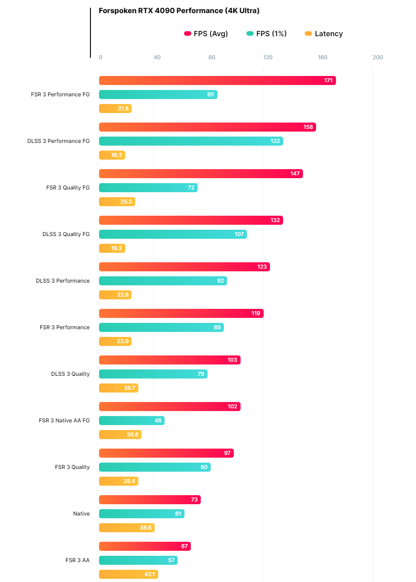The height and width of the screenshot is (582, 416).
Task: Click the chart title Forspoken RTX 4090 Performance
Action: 179,11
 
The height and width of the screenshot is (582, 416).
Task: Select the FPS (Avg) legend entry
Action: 206,33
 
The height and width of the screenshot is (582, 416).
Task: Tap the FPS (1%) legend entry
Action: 267,33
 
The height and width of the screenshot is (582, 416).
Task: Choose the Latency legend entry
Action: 324,33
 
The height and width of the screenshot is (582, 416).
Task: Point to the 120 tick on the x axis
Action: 268,57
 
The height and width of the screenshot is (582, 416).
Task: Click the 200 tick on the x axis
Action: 378,57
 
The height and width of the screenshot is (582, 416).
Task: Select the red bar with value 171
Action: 217,80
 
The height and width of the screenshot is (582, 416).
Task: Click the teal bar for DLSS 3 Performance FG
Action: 191,141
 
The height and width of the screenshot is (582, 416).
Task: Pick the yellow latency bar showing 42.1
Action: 128,574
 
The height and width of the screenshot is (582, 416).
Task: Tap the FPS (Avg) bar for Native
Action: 150,500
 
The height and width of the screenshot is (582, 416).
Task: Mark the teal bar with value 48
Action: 132,421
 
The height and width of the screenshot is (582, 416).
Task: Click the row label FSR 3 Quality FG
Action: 68,188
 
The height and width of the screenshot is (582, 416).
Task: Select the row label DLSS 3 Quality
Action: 70,374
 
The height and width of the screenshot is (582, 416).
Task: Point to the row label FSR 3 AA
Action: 77,560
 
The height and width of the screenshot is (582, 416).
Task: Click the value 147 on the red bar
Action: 295,174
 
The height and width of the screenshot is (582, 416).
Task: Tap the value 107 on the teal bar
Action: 239,234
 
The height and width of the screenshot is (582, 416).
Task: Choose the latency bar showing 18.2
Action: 112,248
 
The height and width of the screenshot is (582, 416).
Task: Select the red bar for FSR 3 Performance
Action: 181,313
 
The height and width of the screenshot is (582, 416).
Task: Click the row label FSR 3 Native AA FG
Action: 64,421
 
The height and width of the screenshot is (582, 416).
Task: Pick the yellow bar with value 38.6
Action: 127,528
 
